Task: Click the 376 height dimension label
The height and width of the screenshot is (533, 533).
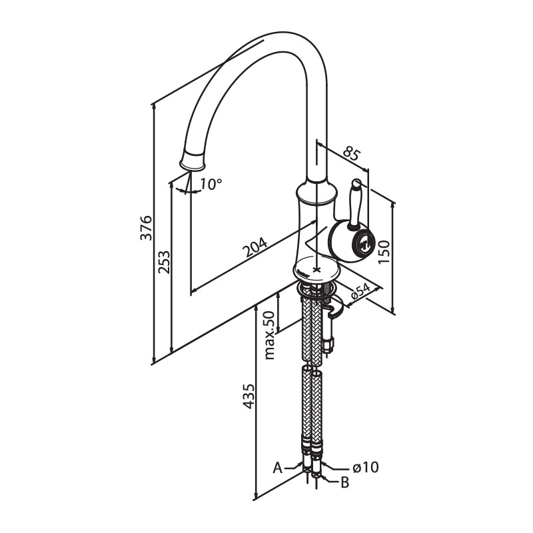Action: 147,227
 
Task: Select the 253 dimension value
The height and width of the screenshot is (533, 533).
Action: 164,262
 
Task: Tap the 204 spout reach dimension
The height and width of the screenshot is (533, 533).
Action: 255,247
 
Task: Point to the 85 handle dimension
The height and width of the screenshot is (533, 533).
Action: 350,153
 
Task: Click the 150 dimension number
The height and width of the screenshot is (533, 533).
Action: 384,252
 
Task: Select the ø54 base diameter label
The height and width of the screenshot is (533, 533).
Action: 360,292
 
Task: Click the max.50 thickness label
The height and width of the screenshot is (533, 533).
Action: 270,335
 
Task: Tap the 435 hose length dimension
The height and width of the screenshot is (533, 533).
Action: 249,396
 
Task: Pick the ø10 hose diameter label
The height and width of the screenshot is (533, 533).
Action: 365,468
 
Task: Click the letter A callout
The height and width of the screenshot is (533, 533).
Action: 278,468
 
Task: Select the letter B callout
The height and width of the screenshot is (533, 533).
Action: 344,482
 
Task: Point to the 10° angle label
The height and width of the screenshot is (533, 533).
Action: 211,185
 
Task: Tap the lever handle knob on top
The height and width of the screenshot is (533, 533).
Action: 356,184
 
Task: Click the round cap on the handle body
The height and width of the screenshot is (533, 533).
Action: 364,243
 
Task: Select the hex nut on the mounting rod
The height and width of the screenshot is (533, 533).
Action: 329,344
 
